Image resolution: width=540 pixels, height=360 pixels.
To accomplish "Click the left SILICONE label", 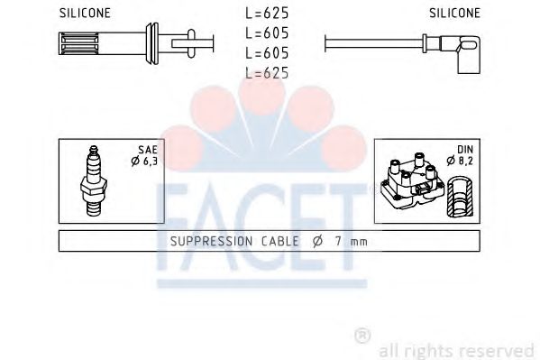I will (85, 13).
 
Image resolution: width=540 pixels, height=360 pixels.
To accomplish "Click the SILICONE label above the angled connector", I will (453, 13).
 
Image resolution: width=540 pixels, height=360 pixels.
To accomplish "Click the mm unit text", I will (360, 243).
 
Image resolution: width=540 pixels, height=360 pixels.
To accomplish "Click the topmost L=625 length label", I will (267, 14).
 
